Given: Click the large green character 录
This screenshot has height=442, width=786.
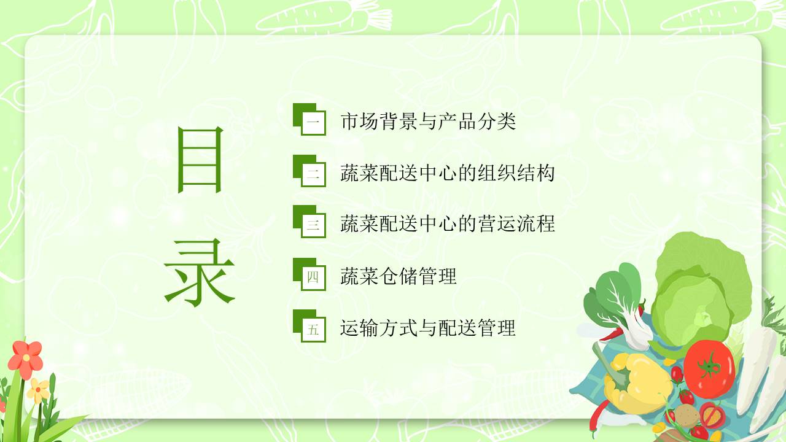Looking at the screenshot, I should click(x=199, y=273).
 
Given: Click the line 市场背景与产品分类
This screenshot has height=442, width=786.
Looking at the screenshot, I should click(x=428, y=122).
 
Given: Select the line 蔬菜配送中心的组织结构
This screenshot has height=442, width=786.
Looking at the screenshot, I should click(x=447, y=173).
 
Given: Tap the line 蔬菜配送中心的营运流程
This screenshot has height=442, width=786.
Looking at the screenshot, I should click(x=447, y=224).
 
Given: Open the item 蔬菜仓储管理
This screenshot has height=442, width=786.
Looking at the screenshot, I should click(x=399, y=276).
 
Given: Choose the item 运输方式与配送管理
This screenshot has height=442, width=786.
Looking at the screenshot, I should click(x=428, y=328).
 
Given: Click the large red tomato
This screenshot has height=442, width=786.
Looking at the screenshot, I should click(x=709, y=368).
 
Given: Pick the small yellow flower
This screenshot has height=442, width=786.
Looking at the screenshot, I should click(x=38, y=390).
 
